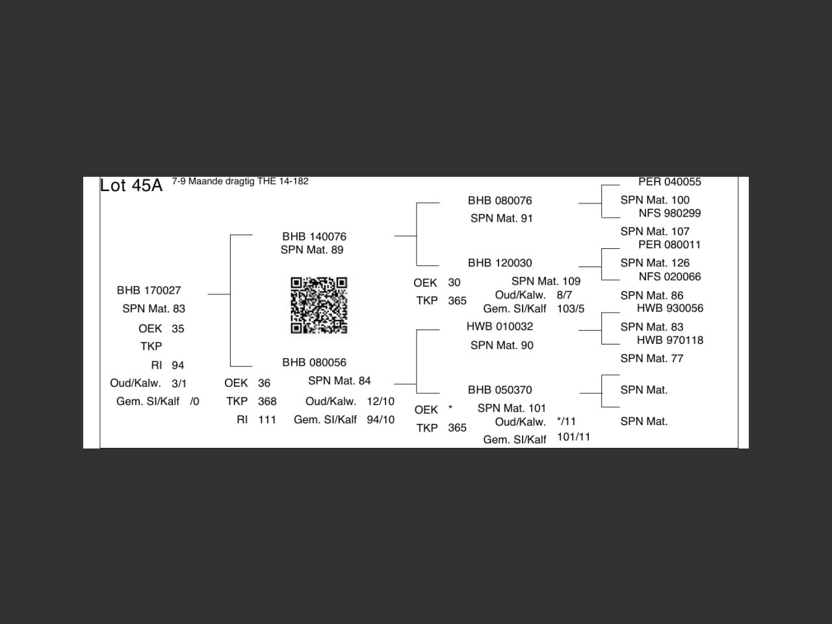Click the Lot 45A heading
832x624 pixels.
(x=131, y=186)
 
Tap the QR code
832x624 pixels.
(x=318, y=305)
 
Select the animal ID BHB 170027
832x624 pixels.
(x=149, y=291)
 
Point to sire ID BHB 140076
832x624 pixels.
(x=314, y=237)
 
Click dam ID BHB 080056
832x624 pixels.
(x=314, y=363)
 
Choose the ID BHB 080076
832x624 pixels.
(x=500, y=201)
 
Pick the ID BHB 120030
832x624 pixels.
(x=500, y=263)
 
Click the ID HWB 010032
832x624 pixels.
(x=500, y=326)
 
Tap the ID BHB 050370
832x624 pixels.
(x=500, y=390)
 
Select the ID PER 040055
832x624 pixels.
(x=669, y=182)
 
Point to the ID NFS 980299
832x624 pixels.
(x=669, y=213)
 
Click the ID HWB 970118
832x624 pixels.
(x=670, y=340)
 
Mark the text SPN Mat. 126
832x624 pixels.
(x=655, y=263)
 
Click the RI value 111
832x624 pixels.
(x=267, y=420)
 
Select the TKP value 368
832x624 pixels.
(x=267, y=401)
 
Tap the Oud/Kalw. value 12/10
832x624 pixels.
(x=380, y=401)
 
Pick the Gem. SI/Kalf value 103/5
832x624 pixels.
(x=571, y=309)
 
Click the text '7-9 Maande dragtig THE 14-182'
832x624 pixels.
(x=240, y=181)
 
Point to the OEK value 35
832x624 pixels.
(x=177, y=329)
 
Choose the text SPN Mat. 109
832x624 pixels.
(x=546, y=281)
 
